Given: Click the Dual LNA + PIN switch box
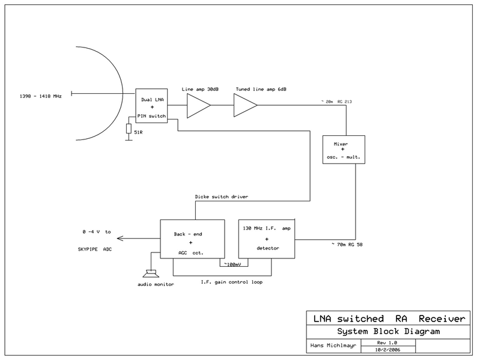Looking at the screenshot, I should point(151,103).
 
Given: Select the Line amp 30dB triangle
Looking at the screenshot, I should point(198,107).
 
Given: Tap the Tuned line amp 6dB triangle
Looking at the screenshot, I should point(244,107).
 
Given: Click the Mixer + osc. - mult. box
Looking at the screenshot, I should point(343,149).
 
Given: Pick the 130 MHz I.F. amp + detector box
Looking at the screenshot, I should point(267,239).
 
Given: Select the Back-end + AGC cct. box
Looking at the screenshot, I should point(192,239).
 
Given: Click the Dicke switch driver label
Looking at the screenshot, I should point(222,197).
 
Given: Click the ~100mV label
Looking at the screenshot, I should point(232,263).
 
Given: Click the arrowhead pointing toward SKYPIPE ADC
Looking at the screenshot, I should point(121,239).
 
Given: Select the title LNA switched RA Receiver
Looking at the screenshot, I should point(386,319).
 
